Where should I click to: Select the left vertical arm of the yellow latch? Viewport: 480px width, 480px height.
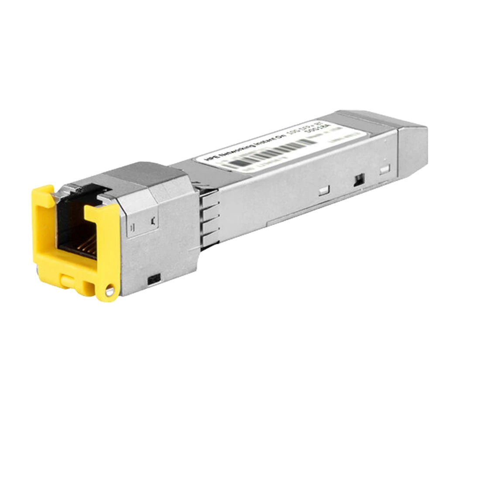coord(43,227)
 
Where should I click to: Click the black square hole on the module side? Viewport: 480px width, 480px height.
coord(359,179)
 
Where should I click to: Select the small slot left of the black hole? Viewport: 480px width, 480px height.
coord(323,190)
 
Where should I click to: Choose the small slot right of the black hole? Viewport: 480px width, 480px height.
coord(384,169)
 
